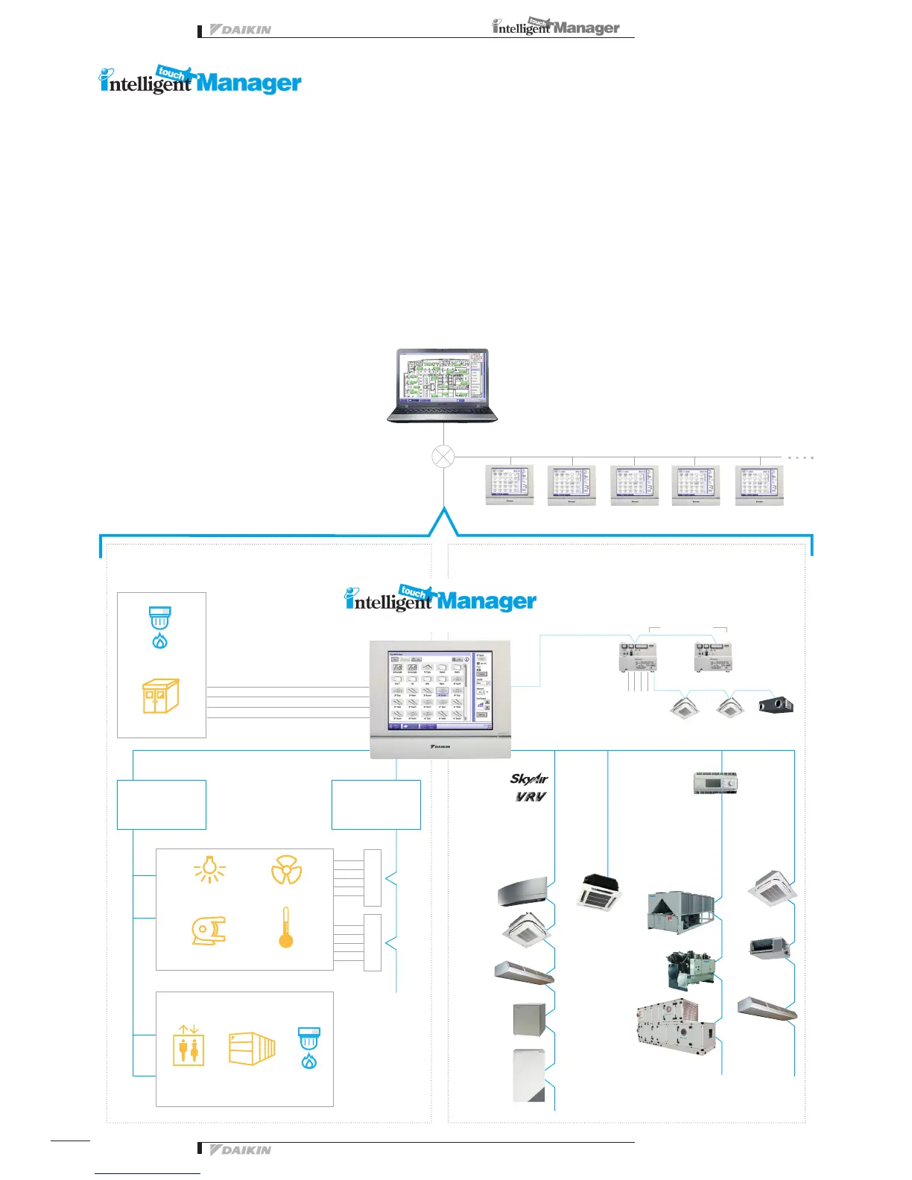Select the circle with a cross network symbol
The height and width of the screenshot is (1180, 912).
point(443,457)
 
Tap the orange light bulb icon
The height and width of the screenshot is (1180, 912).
point(209,869)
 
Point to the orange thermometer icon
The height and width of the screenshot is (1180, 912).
point(285,927)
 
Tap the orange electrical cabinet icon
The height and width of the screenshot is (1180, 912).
point(161,696)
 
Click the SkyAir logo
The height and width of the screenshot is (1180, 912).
point(529,779)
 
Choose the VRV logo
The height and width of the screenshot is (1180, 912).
point(531,796)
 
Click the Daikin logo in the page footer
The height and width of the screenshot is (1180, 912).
point(241,1150)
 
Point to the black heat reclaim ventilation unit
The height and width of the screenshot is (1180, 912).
point(776,705)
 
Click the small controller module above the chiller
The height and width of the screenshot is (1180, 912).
point(715,783)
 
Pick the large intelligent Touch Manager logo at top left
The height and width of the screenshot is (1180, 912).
point(200,80)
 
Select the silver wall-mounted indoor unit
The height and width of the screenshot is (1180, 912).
point(524,892)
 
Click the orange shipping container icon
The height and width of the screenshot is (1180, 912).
point(252,1048)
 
